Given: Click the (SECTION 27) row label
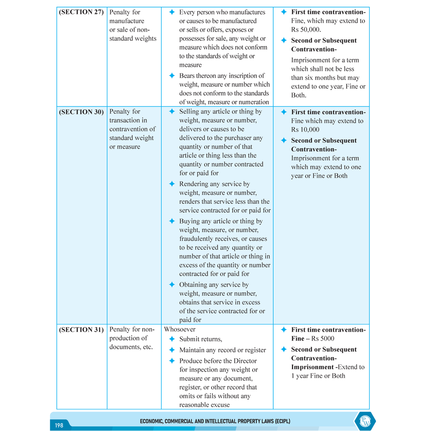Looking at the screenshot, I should click(x=81, y=12).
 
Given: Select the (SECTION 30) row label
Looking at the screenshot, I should click(x=81, y=112).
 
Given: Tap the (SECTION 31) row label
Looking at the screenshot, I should click(x=81, y=330).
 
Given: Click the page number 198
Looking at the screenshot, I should click(x=59, y=425).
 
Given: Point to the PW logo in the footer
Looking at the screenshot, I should click(x=365, y=421).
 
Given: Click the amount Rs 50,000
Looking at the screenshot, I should click(x=306, y=29).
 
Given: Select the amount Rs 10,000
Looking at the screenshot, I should click(x=305, y=130).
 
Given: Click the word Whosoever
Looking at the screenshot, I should click(x=180, y=330).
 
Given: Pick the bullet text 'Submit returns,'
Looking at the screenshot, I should click(x=200, y=339).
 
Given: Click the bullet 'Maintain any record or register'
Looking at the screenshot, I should click(x=222, y=350).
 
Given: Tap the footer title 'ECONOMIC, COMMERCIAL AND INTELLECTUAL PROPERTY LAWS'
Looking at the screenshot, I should click(x=215, y=421).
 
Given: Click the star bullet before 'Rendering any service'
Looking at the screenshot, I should click(x=172, y=184).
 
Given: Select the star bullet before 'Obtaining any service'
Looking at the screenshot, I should click(x=172, y=285).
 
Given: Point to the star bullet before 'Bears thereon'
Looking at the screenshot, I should click(x=172, y=76).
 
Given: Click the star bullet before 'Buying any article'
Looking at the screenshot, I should click(x=172, y=221).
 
